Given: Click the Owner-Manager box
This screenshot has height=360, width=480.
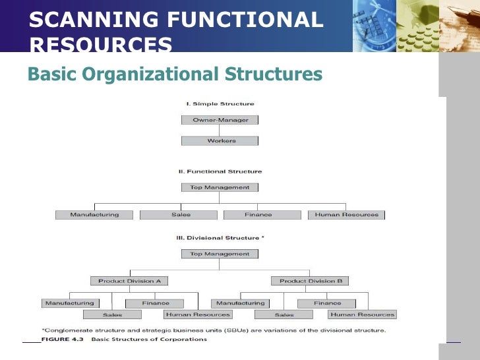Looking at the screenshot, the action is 220,120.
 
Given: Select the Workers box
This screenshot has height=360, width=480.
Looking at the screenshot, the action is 220,140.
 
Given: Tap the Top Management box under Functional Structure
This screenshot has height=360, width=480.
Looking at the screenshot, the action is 220,187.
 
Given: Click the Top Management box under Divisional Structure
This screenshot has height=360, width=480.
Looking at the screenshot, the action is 220,254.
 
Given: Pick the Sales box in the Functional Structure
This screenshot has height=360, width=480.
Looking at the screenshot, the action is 179,215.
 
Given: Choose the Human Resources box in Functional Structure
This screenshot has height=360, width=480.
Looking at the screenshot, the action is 346,215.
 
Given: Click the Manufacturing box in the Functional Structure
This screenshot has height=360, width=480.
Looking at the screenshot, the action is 94,215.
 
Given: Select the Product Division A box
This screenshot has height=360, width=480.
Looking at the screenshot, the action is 129,281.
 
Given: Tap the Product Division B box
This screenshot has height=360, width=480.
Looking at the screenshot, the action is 310,281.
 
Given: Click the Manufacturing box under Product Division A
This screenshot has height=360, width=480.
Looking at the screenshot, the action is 69,303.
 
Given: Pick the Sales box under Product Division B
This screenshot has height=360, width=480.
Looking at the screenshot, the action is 284,315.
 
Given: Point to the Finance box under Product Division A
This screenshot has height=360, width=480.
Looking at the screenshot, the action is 155,303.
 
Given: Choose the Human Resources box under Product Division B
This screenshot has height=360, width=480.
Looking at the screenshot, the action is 362,315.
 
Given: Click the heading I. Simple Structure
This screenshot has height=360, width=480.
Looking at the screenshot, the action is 220,104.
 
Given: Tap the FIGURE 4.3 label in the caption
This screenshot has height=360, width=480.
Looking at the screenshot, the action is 64,340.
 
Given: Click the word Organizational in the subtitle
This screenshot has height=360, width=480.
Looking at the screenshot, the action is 154,74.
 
